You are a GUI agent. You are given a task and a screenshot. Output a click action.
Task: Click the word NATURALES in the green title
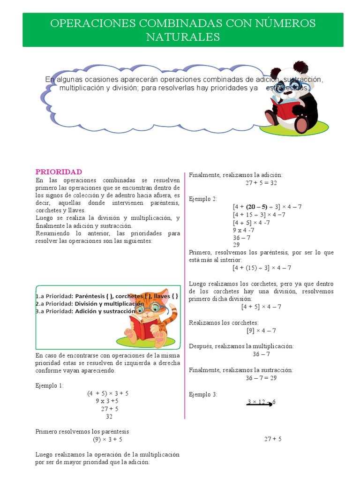coord(183,37)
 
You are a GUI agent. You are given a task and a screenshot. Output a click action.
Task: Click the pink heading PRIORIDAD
coord(59,172)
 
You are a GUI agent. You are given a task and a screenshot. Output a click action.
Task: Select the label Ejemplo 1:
coord(49,385)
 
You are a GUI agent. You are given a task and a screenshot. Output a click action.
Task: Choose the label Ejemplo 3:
coord(203,395)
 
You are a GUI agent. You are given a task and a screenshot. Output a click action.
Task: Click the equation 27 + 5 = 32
coord(261,183)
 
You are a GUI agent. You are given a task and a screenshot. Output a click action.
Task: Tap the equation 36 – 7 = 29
coord(261,378)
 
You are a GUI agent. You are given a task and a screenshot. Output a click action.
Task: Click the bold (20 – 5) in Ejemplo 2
coord(257,207)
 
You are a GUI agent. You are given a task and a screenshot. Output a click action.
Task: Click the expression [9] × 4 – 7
coord(261,330)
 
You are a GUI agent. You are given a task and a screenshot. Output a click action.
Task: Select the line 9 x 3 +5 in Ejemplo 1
coord(107,401)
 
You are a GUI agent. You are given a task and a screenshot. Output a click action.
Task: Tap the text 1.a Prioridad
coord(53,296)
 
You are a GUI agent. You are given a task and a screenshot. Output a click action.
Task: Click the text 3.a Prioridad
coord(53,311)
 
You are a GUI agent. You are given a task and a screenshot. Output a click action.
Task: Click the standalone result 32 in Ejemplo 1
coord(109,416)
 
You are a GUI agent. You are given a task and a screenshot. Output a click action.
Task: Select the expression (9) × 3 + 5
coord(107,439)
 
